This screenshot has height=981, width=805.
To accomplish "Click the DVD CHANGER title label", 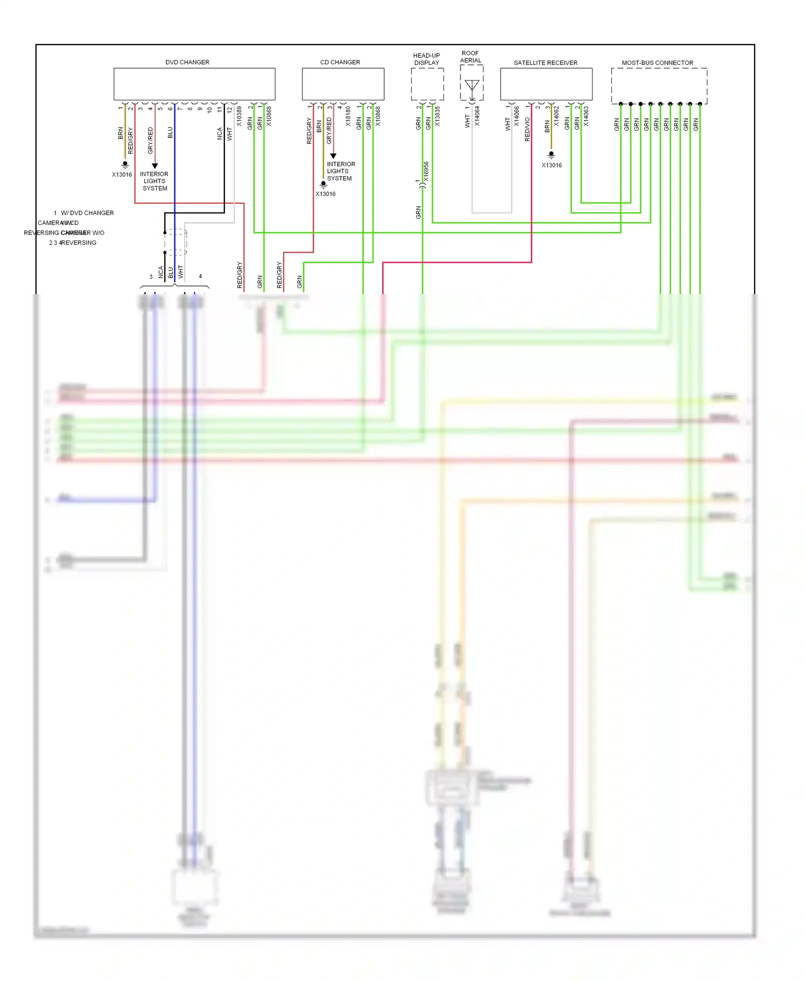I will tap(187, 62).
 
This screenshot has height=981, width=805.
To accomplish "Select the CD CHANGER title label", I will tap(340, 62).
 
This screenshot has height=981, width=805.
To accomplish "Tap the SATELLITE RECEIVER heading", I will tap(545, 63).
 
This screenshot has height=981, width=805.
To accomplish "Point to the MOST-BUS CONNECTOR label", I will tap(657, 63).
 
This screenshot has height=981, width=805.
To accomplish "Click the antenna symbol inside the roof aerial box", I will tap(472, 85).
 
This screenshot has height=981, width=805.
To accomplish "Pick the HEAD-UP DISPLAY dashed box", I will tap(427, 84).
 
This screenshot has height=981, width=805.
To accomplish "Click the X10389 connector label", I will tap(239, 116).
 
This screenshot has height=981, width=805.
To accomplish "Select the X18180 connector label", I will tap(348, 116).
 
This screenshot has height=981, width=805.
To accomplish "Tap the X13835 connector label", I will tap(437, 116).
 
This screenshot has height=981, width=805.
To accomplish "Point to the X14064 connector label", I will tap(477, 116).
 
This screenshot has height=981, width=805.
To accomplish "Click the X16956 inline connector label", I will tap(426, 171).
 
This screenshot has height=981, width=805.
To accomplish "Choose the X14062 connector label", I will tap(557, 116).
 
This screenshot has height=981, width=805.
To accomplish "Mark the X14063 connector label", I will tap(586, 116).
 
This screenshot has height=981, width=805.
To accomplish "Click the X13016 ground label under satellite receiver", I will tap(552, 165).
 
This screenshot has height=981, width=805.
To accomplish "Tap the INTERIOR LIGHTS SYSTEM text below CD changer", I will tap(340, 171).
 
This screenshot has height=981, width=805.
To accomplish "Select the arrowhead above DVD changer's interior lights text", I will tap(155, 166).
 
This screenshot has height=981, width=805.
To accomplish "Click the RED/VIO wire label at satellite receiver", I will tap(527, 129).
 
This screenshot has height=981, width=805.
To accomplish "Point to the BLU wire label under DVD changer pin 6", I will tap(170, 133).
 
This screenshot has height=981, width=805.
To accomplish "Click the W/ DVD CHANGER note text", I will tap(87, 213).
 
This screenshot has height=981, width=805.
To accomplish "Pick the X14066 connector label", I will tap(517, 116).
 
